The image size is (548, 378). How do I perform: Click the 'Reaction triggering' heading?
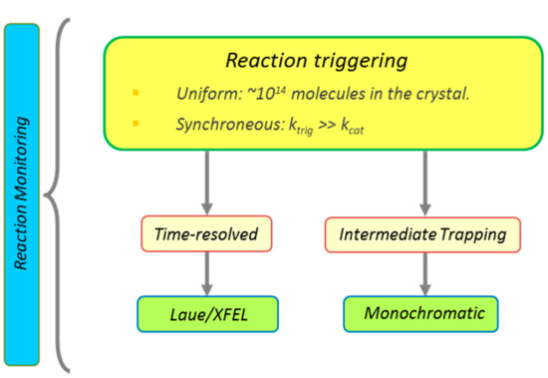316,62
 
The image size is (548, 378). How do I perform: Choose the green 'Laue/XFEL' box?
206,314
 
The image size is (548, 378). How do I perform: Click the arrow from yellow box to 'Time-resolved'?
206,185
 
